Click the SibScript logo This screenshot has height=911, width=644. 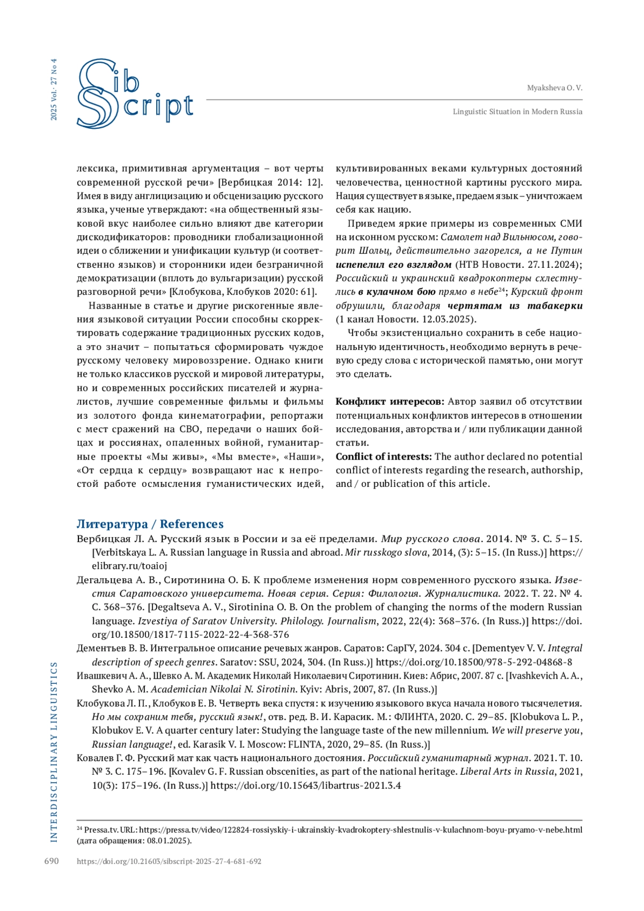(x=134, y=94)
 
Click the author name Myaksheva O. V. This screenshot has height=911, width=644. (x=554, y=88)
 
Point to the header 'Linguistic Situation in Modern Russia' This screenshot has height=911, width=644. (x=517, y=112)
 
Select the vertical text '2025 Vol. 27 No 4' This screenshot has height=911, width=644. (x=54, y=89)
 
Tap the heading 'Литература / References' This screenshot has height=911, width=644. (x=150, y=524)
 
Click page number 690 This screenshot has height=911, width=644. (x=52, y=861)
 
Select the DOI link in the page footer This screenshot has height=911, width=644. (x=169, y=862)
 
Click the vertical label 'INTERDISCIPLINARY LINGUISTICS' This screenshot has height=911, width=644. (x=54, y=752)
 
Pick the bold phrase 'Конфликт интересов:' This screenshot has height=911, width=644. (x=390, y=402)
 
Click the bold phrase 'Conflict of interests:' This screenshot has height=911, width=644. (x=383, y=456)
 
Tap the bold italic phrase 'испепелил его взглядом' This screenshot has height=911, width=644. (x=393, y=264)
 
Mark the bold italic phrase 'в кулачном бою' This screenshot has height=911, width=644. (x=397, y=291)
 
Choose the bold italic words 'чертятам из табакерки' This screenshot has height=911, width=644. (x=515, y=305)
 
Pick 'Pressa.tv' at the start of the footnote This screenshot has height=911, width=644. (x=99, y=830)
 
